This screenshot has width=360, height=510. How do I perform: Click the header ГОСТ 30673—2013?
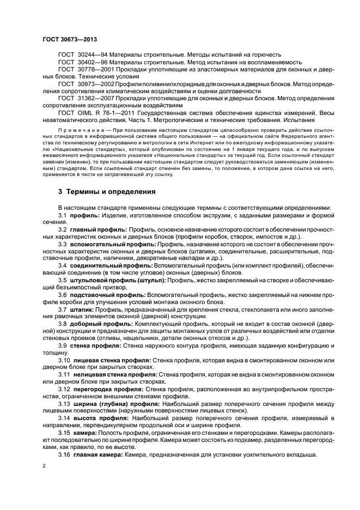click(x=66, y=39)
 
